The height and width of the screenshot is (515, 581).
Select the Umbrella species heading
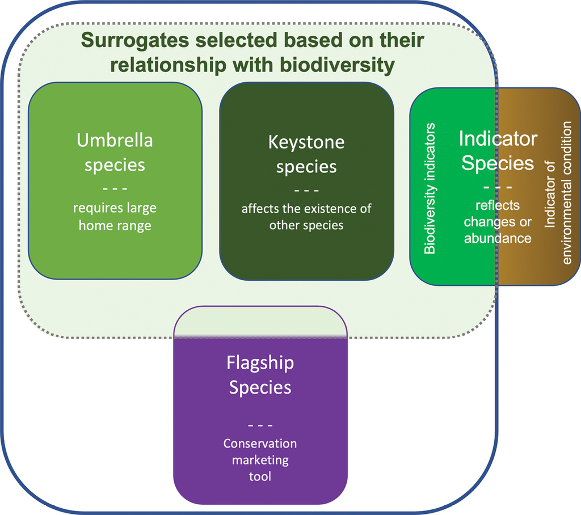(x=115, y=152)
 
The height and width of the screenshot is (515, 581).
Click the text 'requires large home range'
(x=115, y=217)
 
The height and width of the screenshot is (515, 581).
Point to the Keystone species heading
(x=306, y=154)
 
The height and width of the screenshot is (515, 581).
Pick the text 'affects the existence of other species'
(x=306, y=217)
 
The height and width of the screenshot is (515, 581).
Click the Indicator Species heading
(x=498, y=151)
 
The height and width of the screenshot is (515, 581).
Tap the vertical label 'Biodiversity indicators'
(x=431, y=188)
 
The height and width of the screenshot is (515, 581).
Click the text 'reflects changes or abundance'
(x=498, y=222)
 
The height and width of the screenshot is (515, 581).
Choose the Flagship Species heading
(x=260, y=375)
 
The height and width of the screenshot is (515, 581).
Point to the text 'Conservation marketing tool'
(x=260, y=459)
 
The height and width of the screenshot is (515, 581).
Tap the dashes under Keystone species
(x=306, y=190)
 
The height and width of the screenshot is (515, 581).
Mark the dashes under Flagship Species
(x=260, y=425)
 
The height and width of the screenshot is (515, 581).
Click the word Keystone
(x=306, y=142)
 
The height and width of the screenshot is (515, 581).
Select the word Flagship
(x=260, y=362)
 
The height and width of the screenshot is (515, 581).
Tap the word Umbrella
(x=115, y=140)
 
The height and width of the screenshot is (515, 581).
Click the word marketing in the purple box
(x=260, y=459)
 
